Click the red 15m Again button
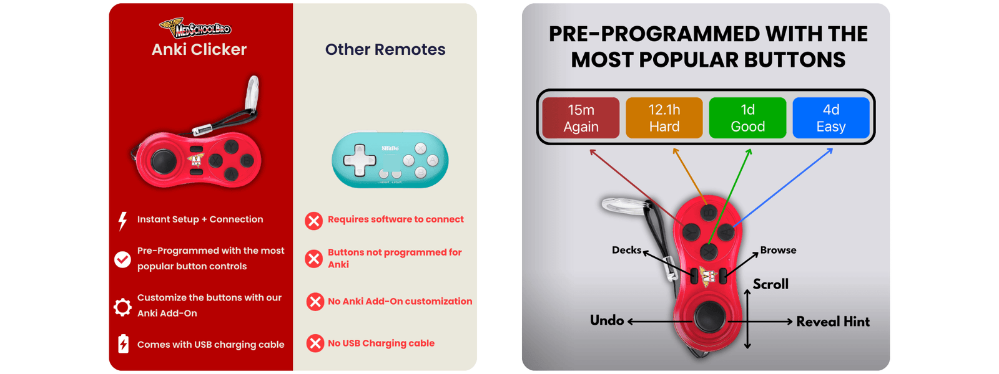(x=581, y=118)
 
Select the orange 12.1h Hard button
(x=664, y=118)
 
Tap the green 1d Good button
(x=747, y=118)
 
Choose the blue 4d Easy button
(x=831, y=118)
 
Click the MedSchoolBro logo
(x=195, y=27)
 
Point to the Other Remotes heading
(x=385, y=49)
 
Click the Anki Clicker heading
(x=199, y=49)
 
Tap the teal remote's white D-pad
(x=359, y=160)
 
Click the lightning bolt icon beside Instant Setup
(x=122, y=221)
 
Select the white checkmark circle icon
(x=122, y=259)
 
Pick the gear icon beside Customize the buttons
(x=122, y=307)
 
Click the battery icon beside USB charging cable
(x=123, y=343)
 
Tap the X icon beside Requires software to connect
(x=314, y=221)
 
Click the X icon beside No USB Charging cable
(x=315, y=343)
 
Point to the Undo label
(x=606, y=320)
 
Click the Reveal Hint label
(x=833, y=322)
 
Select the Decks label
(x=626, y=250)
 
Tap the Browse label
(x=778, y=250)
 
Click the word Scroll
(x=770, y=284)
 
